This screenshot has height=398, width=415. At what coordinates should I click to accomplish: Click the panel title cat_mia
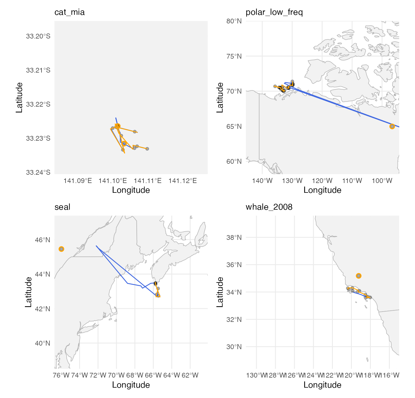pyautogui.click(x=69, y=12)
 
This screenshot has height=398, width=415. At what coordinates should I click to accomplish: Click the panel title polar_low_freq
pyautogui.click(x=274, y=12)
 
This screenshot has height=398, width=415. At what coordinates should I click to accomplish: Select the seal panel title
pyautogui.click(x=62, y=207)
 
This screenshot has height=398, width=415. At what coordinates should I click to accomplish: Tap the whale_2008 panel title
pyautogui.click(x=269, y=207)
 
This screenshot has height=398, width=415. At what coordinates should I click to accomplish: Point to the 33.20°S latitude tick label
pyautogui.click(x=38, y=36)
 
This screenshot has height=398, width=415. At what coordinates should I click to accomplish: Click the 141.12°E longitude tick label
pyautogui.click(x=183, y=181)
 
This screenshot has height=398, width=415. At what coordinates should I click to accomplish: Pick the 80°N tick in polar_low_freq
pyautogui.click(x=234, y=21)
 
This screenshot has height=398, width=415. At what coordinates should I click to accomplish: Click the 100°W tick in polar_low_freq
pyautogui.click(x=382, y=181)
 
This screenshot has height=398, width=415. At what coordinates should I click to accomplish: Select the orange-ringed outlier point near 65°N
pyautogui.click(x=392, y=126)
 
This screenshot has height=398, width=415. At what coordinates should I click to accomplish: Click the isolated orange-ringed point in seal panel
pyautogui.click(x=61, y=249)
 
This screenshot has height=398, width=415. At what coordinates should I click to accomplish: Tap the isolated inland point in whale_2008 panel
pyautogui.click(x=359, y=276)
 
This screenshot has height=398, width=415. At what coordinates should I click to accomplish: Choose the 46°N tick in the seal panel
pyautogui.click(x=43, y=240)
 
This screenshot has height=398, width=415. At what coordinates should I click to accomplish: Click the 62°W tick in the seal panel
pyautogui.click(x=190, y=375)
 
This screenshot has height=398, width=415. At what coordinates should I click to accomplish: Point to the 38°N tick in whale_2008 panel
pyautogui.click(x=234, y=237)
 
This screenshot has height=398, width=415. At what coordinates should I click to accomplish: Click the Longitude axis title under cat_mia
pyautogui.click(x=131, y=190)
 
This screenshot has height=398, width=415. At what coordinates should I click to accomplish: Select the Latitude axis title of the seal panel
pyautogui.click(x=28, y=292)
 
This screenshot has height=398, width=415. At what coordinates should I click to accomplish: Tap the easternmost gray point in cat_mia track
pyautogui.click(x=147, y=149)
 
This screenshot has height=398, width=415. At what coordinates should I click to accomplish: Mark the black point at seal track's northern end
pyautogui.click(x=155, y=283)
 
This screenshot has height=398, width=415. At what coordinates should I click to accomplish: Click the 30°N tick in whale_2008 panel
pyautogui.click(x=234, y=347)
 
